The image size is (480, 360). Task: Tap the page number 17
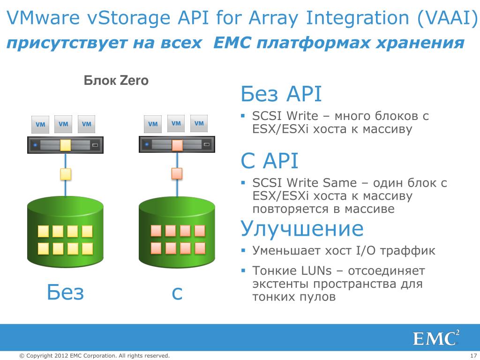coord(472,356)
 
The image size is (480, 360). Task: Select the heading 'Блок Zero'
coord(116,81)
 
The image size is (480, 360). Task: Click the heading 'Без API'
coord(281,94)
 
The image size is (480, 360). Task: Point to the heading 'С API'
coord(270,162)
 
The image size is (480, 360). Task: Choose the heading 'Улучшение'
coord(302,229)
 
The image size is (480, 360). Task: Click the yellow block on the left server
coord(66,145)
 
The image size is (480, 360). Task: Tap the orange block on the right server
coord(177,145)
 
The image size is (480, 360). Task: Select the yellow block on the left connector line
coord(66,174)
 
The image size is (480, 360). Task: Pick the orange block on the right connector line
coord(177,174)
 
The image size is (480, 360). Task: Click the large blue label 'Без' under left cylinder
coord(65,292)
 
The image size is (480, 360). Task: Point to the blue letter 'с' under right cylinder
coord(177,293)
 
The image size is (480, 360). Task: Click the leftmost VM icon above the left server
coord(40,125)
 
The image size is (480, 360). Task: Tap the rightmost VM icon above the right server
coord(199,124)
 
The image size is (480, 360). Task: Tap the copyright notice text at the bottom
coord(94,356)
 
